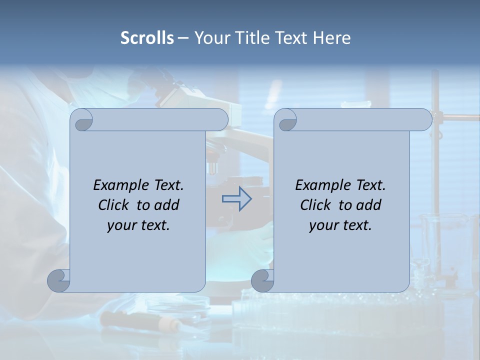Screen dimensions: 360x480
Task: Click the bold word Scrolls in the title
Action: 147,38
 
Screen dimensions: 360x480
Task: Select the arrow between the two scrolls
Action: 236,199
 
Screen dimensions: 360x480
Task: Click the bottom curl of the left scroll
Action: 59,280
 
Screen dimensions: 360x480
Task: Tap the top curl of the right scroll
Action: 286,120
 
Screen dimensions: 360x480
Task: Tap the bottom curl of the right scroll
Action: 262,280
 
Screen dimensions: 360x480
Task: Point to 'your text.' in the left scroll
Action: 138,225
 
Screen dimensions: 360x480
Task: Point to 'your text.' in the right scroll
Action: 340,225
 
